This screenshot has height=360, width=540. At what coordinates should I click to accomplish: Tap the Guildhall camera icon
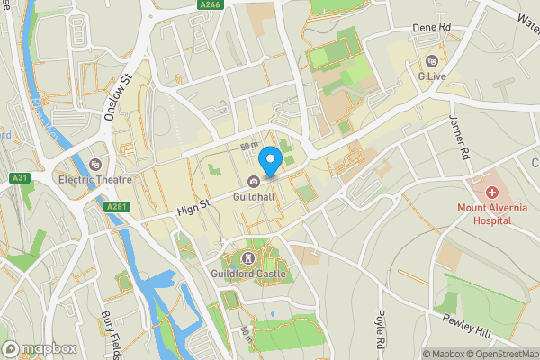[255, 182]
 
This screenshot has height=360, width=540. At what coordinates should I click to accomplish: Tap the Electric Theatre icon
[95, 164]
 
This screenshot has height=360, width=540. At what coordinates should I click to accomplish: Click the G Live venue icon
[433, 62]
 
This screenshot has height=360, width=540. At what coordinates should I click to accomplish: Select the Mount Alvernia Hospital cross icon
[492, 192]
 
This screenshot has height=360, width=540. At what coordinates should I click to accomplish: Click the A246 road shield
[211, 5]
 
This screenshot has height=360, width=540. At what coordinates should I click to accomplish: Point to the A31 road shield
[22, 178]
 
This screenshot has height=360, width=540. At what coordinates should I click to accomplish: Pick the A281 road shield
[115, 207]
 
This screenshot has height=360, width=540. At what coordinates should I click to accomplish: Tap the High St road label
[193, 207]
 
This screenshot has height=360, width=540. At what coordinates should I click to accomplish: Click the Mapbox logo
[38, 348]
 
